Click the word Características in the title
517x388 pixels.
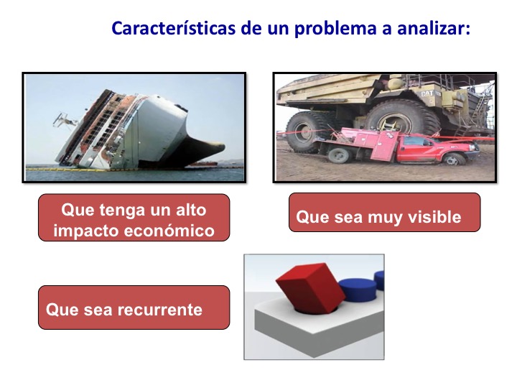pos(174,28)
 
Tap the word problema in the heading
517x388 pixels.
pos(335,29)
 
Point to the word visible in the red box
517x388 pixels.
pos(434,217)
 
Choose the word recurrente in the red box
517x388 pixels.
pos(159,310)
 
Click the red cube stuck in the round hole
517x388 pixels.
pos(310,287)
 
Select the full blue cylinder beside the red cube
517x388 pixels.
pos(358,290)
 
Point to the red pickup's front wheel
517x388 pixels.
pos(455,160)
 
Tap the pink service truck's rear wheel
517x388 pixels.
pos(339,155)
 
